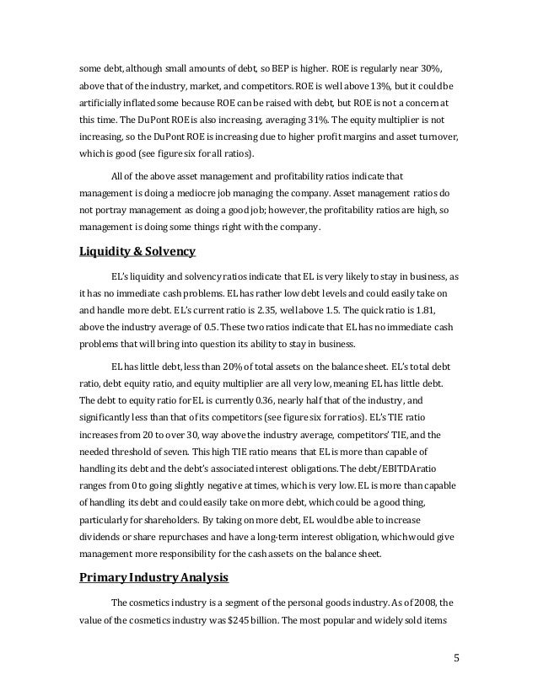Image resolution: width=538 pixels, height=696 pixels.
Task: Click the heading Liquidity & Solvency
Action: point(137,251)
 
